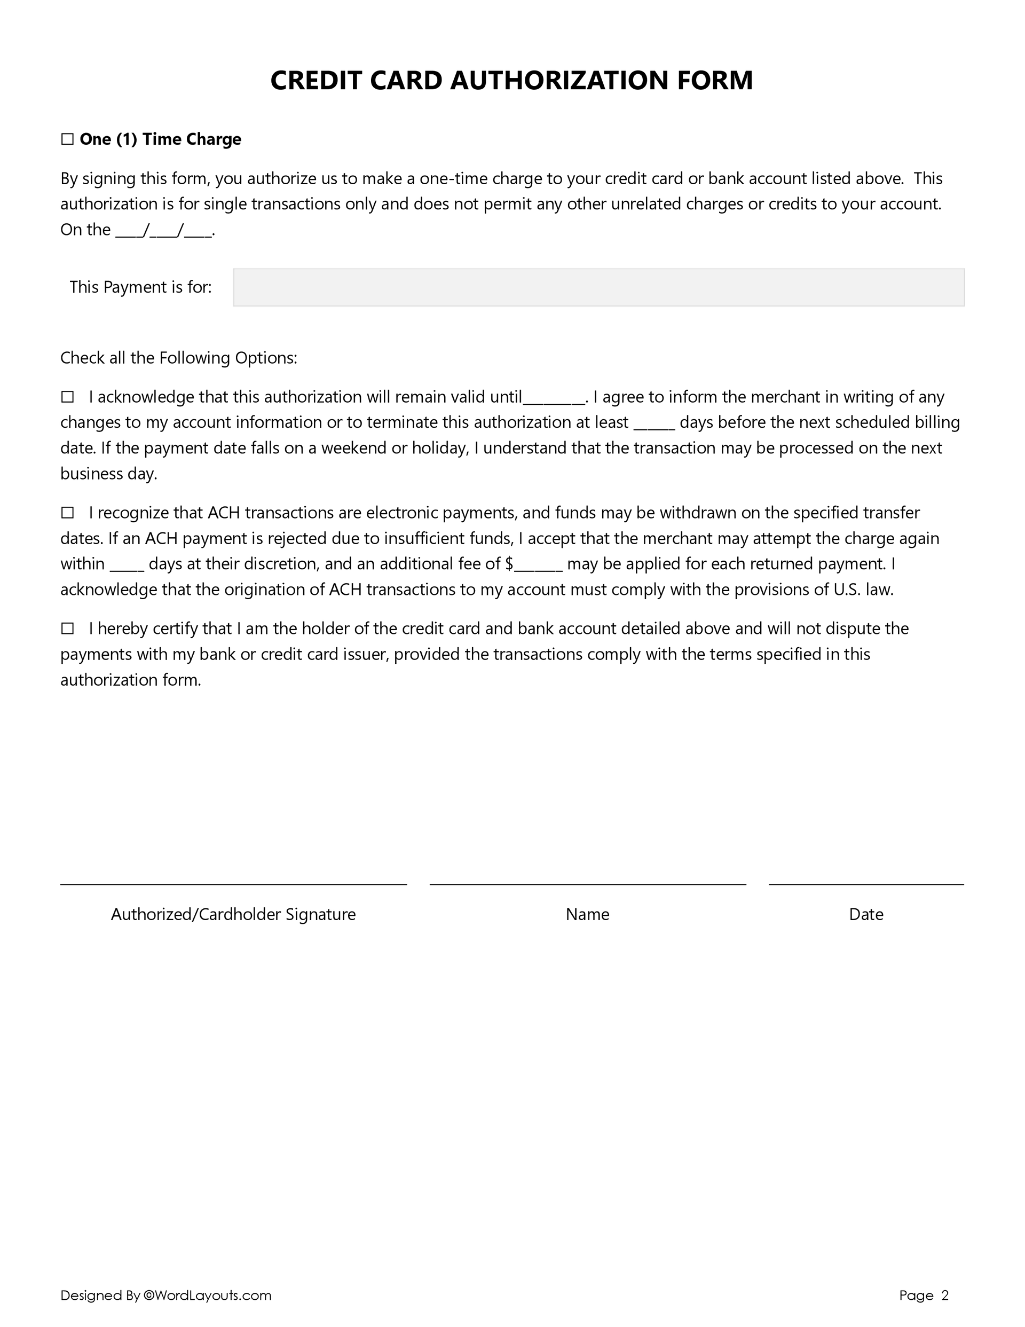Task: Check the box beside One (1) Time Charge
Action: click(67, 140)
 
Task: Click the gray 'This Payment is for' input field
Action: click(598, 287)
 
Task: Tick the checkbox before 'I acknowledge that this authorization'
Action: click(67, 397)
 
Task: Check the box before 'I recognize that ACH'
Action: click(67, 513)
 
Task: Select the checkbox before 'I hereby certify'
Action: click(67, 629)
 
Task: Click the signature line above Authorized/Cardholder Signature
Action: click(233, 883)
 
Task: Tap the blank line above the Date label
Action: click(865, 883)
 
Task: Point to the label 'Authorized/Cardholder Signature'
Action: click(233, 914)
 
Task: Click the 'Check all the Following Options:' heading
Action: click(179, 358)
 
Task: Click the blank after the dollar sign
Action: click(538, 567)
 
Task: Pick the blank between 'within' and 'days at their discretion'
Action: click(127, 567)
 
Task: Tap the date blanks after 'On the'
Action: click(164, 232)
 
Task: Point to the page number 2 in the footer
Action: click(944, 1295)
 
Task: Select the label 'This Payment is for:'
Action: click(140, 287)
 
